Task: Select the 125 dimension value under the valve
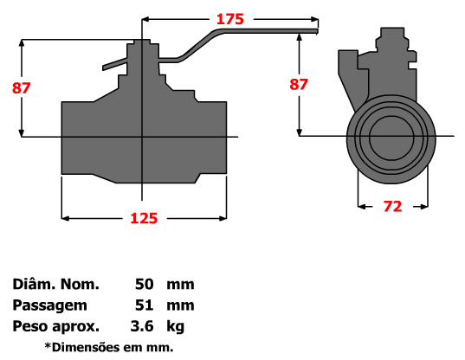144,219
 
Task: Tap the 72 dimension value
392,206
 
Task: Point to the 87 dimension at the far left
11,87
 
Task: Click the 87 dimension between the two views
298,85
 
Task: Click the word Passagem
49,305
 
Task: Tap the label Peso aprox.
55,326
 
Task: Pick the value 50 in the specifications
145,284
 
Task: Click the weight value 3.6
141,326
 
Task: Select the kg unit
176,326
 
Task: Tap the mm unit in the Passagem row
182,305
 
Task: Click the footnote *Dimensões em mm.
109,347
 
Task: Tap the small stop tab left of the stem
113,64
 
